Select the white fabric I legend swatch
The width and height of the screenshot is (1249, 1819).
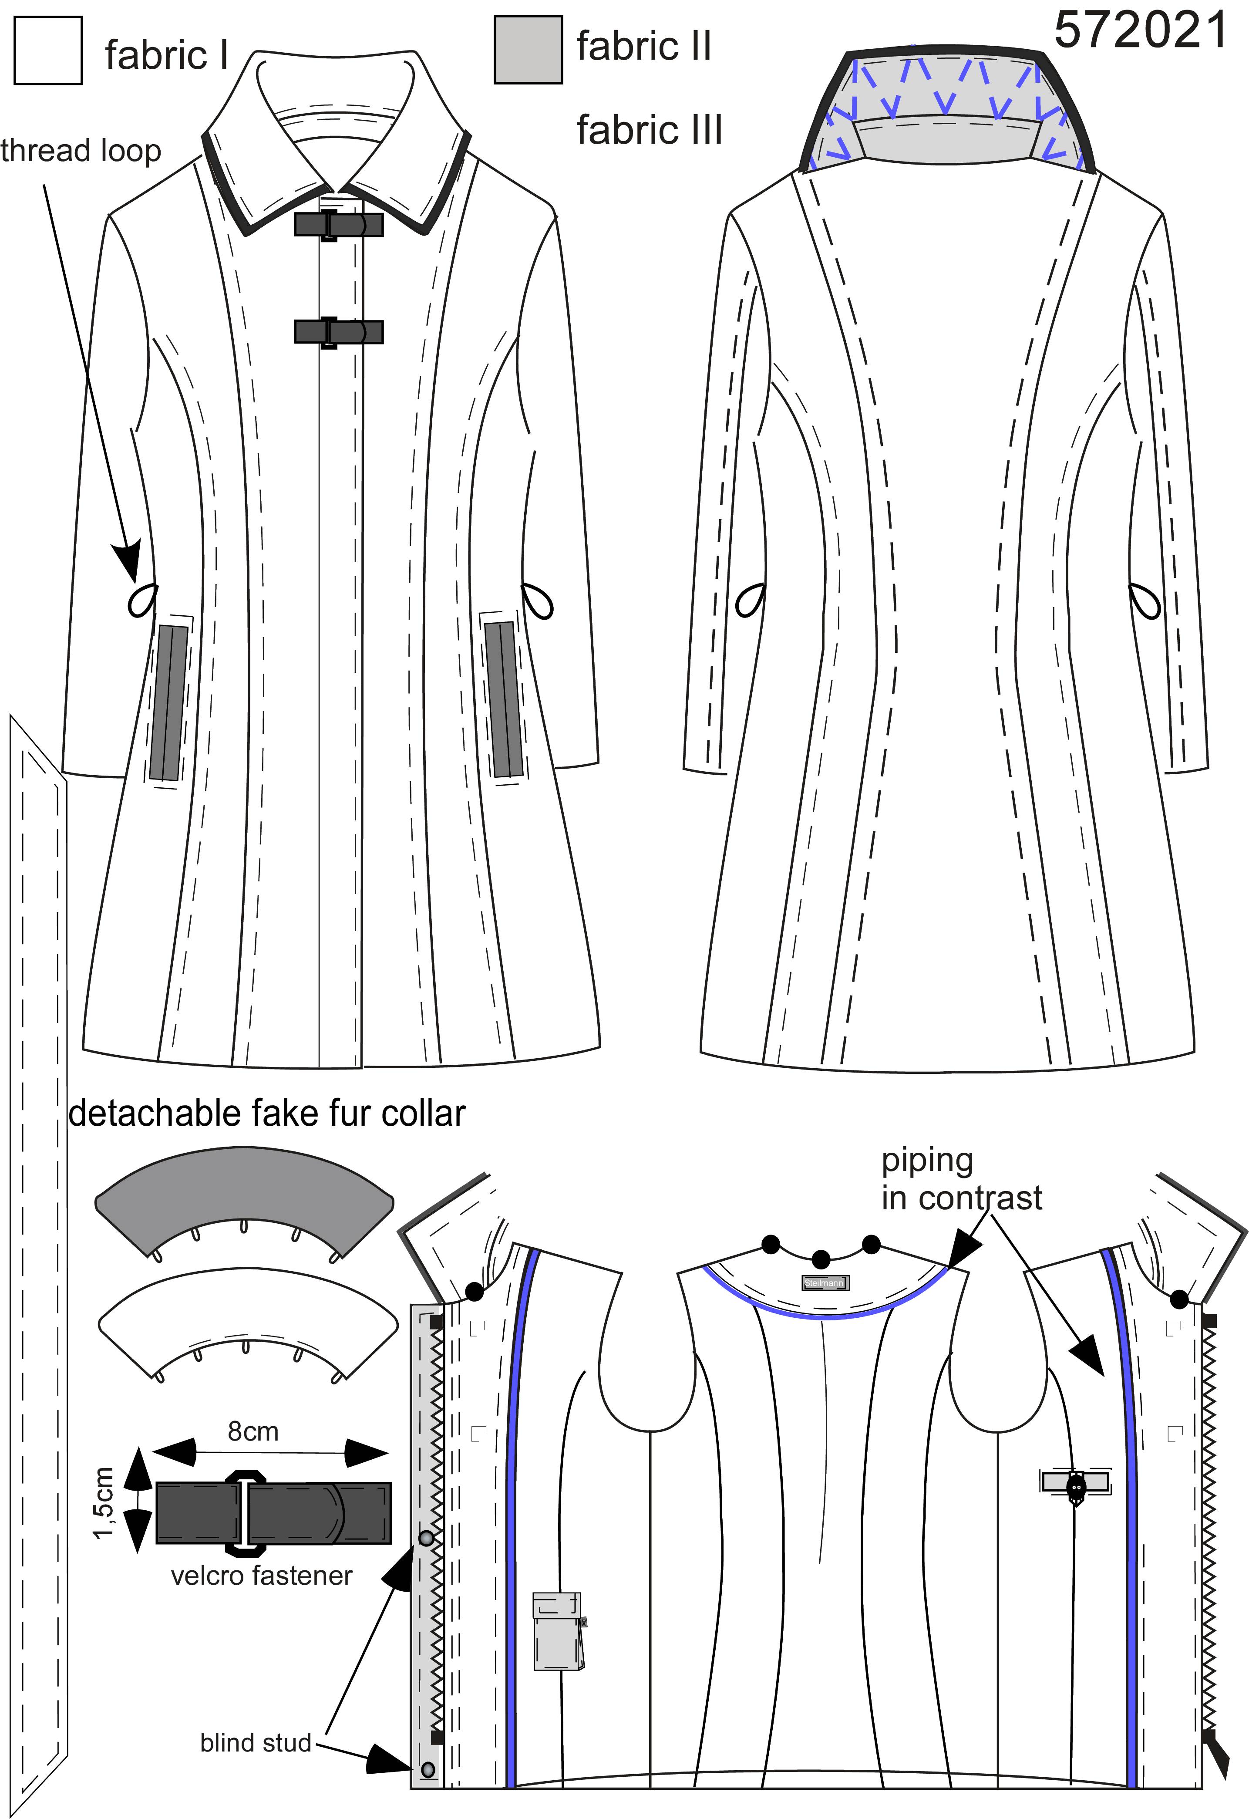point(48,50)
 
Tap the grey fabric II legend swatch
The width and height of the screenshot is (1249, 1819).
point(528,49)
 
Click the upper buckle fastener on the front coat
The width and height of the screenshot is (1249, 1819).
point(338,225)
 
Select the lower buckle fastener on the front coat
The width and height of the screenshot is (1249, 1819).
point(338,331)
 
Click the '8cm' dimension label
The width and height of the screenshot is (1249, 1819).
point(253,1431)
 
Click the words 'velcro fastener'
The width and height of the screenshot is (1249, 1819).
point(261,1576)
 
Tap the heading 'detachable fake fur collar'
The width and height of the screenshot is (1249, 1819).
point(267,1113)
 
